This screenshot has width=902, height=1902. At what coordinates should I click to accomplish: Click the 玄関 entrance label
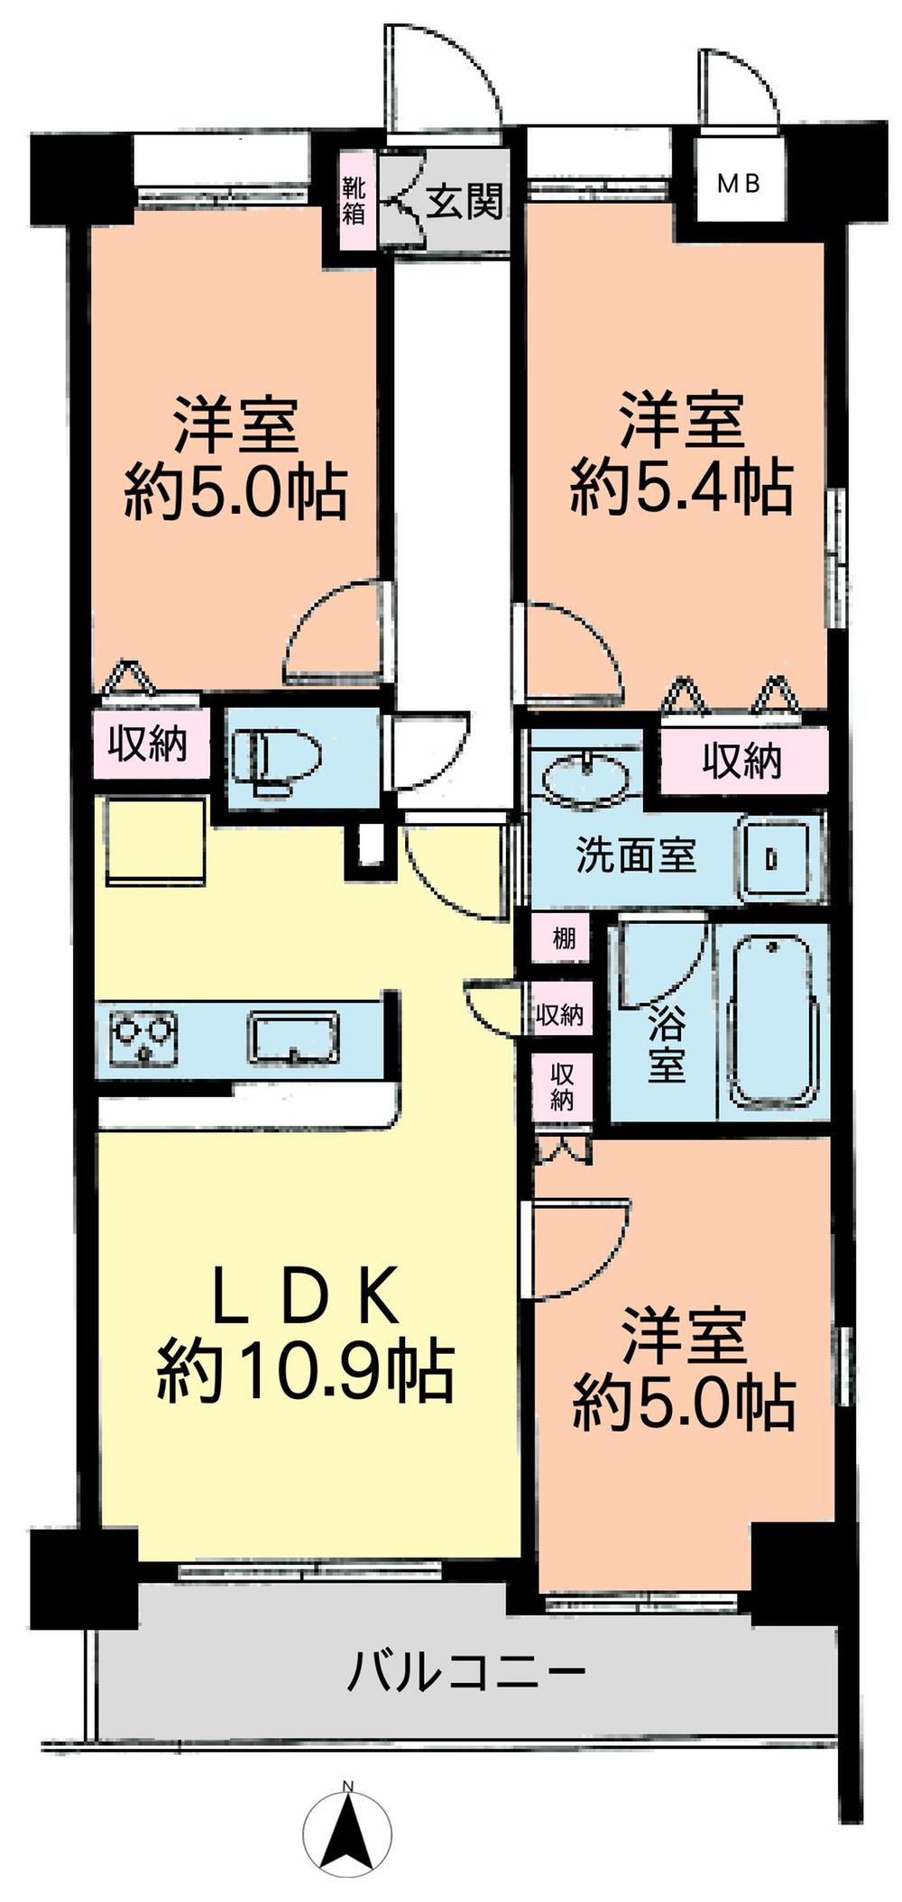point(464,201)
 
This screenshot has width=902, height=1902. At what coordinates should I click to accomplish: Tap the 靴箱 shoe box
point(353,201)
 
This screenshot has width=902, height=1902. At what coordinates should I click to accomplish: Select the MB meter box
point(739,184)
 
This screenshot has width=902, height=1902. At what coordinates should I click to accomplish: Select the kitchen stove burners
point(143,1038)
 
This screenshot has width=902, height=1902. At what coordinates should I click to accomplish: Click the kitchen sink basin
point(294,1037)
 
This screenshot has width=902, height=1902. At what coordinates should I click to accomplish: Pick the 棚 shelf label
point(563,937)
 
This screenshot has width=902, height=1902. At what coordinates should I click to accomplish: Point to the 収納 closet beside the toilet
point(149,744)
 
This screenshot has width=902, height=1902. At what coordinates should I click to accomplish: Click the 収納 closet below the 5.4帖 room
point(742,762)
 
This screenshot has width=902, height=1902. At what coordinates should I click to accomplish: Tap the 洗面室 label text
point(636,855)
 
